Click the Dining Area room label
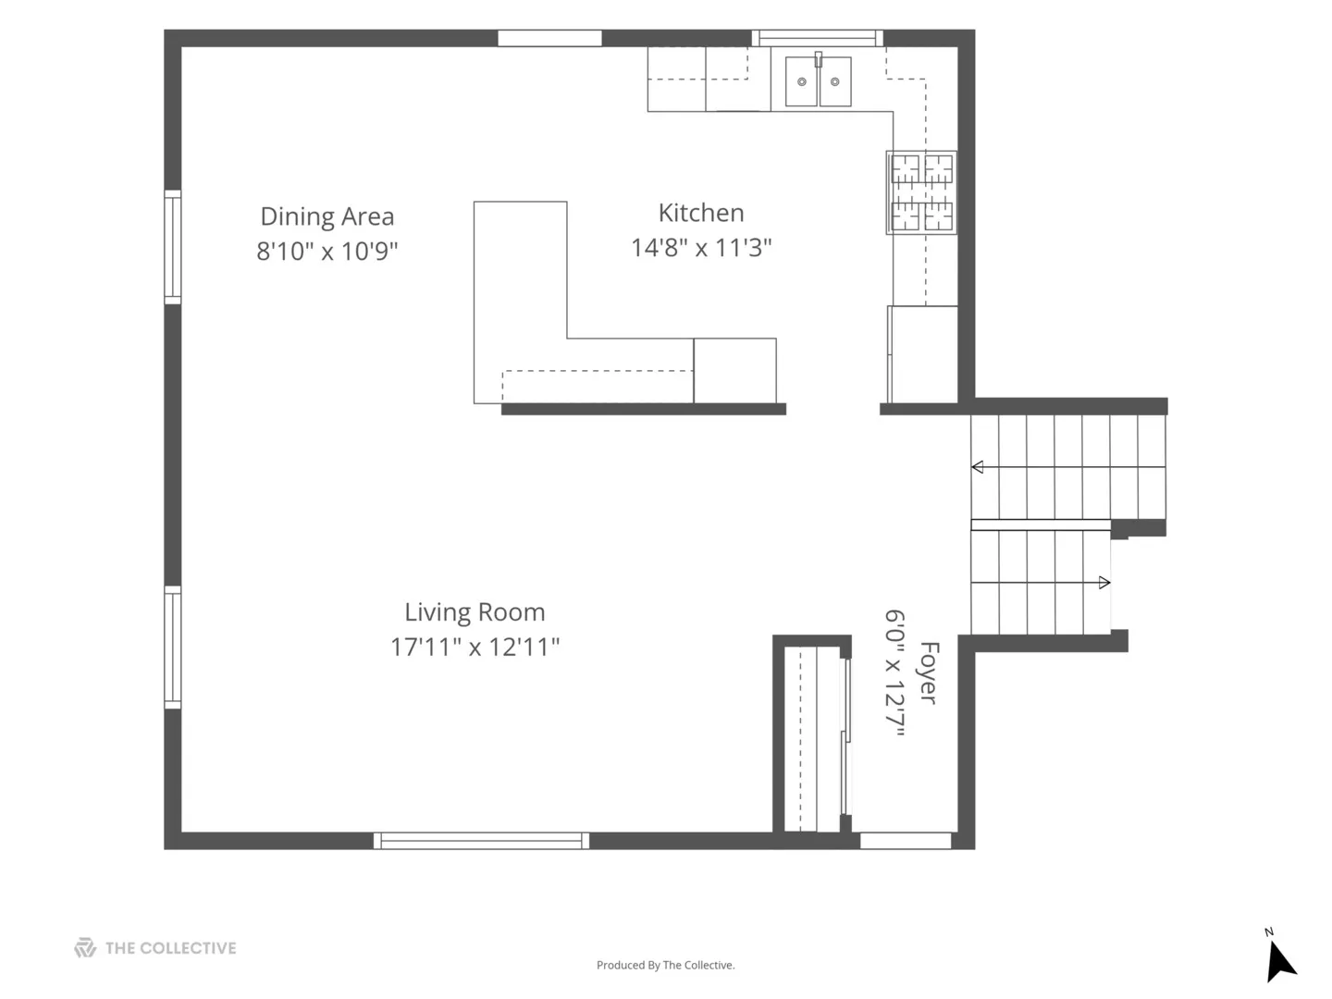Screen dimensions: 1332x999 coord(327,217)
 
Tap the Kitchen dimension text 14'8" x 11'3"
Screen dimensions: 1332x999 coord(701,248)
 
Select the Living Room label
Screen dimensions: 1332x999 coord(475,612)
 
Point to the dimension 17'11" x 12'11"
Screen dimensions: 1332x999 coord(475,647)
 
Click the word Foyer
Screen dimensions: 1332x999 coord(929,672)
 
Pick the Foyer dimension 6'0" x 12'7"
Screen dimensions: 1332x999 coord(894,673)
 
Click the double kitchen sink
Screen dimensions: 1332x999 coord(818,80)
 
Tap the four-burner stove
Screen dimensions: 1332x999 coord(921,192)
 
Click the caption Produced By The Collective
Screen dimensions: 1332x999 coord(665,965)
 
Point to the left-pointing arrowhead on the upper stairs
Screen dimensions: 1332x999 coord(977,467)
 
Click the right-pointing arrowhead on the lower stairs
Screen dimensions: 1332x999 coord(1104,583)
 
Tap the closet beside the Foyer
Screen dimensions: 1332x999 coord(812,739)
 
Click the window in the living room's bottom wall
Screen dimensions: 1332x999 coord(481,841)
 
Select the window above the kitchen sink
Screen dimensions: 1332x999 coord(818,38)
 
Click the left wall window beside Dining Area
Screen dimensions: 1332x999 coord(173,247)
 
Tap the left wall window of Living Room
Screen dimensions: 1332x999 coord(173,647)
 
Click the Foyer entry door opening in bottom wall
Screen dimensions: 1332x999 coord(906,841)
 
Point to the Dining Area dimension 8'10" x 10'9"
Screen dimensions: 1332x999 coord(327,251)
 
